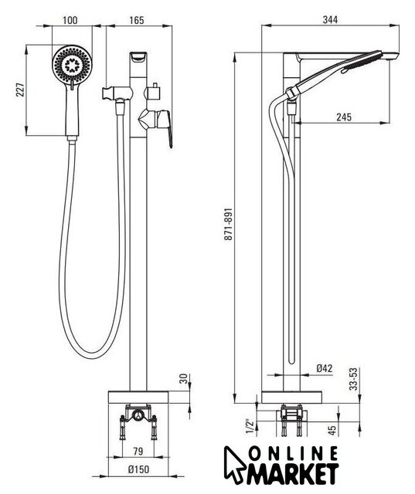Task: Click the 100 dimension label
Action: click(x=70, y=21)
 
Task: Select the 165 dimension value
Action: click(x=137, y=21)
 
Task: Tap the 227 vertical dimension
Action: click(x=20, y=90)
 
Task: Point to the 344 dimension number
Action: click(x=330, y=20)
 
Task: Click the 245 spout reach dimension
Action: click(x=344, y=117)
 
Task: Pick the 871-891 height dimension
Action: click(x=228, y=224)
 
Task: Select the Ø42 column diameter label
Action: click(x=325, y=368)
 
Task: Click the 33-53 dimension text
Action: click(x=355, y=379)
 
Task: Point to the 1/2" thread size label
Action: click(x=250, y=427)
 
